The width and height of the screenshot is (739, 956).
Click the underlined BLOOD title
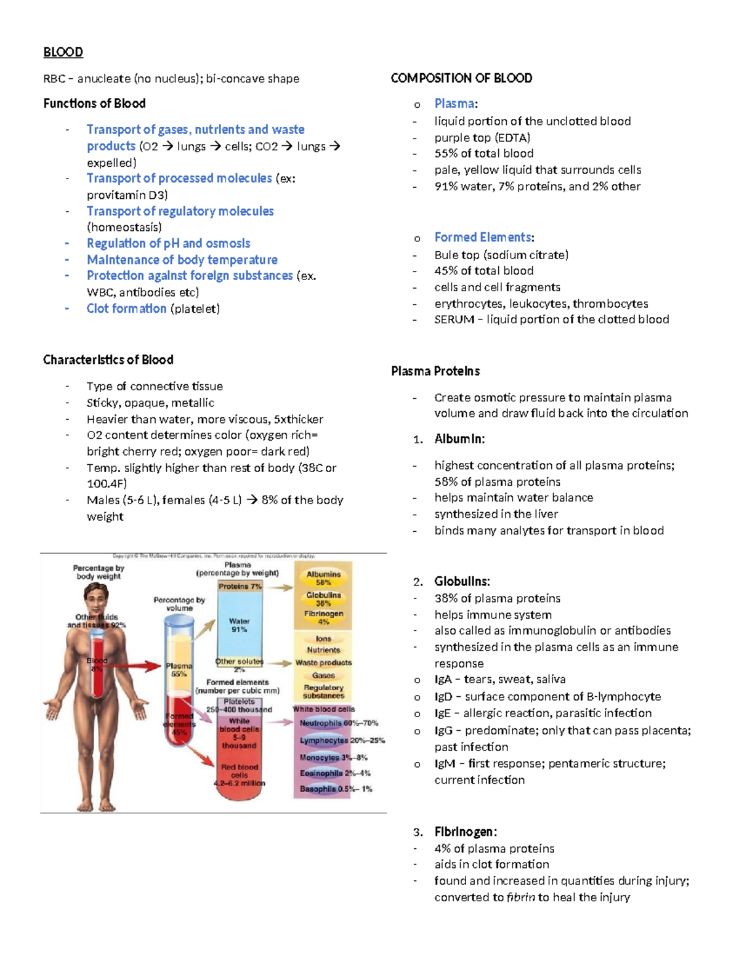pyautogui.click(x=63, y=52)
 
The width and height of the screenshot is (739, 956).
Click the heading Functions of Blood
pyautogui.click(x=94, y=103)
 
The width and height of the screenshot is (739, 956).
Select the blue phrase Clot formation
pyautogui.click(x=126, y=308)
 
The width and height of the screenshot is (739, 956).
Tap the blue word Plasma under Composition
pyautogui.click(x=454, y=103)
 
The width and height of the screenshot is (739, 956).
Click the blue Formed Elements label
pyautogui.click(x=483, y=237)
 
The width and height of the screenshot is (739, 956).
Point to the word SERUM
pyautogui.click(x=454, y=319)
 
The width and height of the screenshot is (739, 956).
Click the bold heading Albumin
pyautogui.click(x=459, y=439)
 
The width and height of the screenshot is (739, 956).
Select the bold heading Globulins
pyautogui.click(x=462, y=581)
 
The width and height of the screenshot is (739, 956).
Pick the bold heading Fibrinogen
pyautogui.click(x=465, y=832)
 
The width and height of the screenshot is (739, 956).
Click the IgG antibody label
pyautogui.click(x=443, y=731)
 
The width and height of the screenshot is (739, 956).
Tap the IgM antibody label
pyautogui.click(x=444, y=763)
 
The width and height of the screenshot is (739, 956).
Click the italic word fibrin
pyautogui.click(x=520, y=897)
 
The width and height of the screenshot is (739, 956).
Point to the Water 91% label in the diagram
pyautogui.click(x=239, y=625)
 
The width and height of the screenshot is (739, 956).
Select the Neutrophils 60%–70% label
pyautogui.click(x=338, y=723)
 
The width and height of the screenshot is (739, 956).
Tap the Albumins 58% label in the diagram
pyautogui.click(x=323, y=578)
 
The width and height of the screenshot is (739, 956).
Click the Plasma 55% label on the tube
pyautogui.click(x=179, y=670)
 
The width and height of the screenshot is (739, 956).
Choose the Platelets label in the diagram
pyautogui.click(x=239, y=702)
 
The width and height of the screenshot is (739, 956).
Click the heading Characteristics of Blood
pyautogui.click(x=108, y=360)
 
